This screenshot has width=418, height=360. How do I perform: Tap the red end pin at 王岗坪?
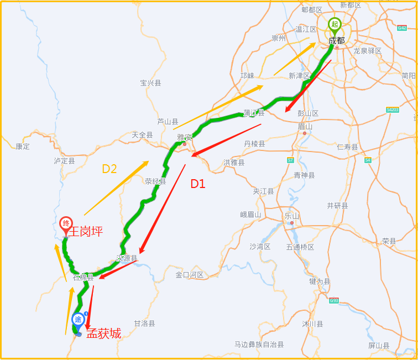coord(66,225)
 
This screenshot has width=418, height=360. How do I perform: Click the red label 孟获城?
coord(103,333)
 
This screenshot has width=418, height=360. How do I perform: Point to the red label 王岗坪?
coord(85,231)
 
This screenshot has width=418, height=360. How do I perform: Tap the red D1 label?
coord(198,184)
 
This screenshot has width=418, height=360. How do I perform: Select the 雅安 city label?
coord(184,137)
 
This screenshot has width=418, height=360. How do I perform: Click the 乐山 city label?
coord(292,216)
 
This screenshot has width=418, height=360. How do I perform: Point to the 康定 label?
coord(23,147)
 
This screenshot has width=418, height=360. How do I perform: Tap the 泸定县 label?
coord(64,160)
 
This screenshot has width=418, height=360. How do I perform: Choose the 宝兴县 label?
coord(150,83)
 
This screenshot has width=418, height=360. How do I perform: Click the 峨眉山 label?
coord(250,214)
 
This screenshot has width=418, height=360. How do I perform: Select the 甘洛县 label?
coord(144,323)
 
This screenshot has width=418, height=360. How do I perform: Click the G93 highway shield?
coord(333,301)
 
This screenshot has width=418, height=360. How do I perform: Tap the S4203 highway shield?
coord(393,109)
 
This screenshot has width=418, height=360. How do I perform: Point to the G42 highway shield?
coord(402,28)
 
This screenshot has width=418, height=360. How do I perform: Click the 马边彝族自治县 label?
coord(259,344)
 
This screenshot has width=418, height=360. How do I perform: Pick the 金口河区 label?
coord(190,275)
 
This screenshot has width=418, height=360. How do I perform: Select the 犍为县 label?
coord(320,281)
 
